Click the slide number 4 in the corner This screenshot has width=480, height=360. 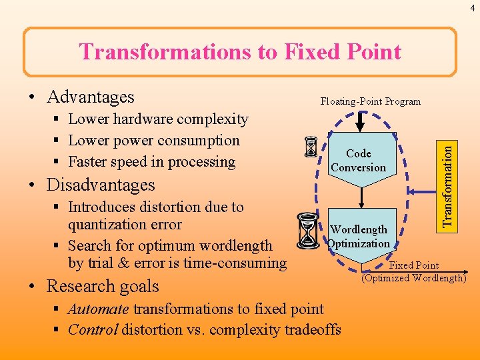pyautogui.click(x=471, y=7)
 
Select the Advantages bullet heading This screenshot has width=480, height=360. pyautogui.click(x=91, y=97)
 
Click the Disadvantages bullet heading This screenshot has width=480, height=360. pyautogui.click(x=101, y=185)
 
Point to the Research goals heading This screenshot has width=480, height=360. pyautogui.click(x=103, y=286)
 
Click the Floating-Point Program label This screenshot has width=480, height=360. pyautogui.click(x=370, y=101)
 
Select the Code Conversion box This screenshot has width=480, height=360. pyautogui.click(x=359, y=161)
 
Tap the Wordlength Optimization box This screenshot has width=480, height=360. pyautogui.click(x=359, y=236)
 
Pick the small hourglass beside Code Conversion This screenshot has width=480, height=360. pyautogui.click(x=311, y=147)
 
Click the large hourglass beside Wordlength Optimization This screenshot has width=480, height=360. pyautogui.click(x=307, y=231)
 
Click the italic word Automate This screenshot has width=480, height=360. pyautogui.click(x=99, y=309)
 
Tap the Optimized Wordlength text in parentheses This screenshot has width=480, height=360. pyautogui.click(x=413, y=278)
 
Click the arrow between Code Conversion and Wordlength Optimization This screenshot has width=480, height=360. pyautogui.click(x=360, y=194)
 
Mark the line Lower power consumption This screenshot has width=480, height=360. pyautogui.click(x=154, y=141)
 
